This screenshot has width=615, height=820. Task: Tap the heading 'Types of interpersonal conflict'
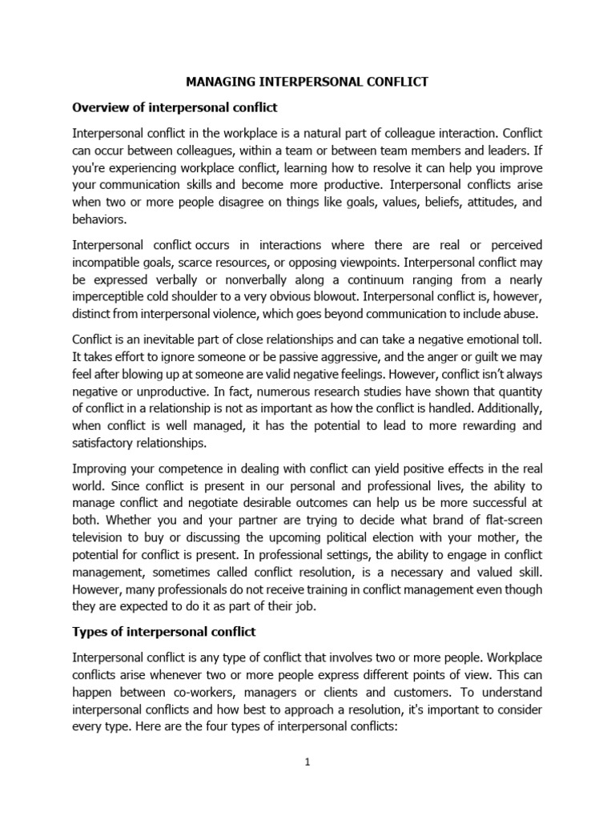click(x=164, y=632)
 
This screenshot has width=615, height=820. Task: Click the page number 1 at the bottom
click(x=307, y=762)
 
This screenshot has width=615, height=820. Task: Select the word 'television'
click(x=100, y=538)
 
